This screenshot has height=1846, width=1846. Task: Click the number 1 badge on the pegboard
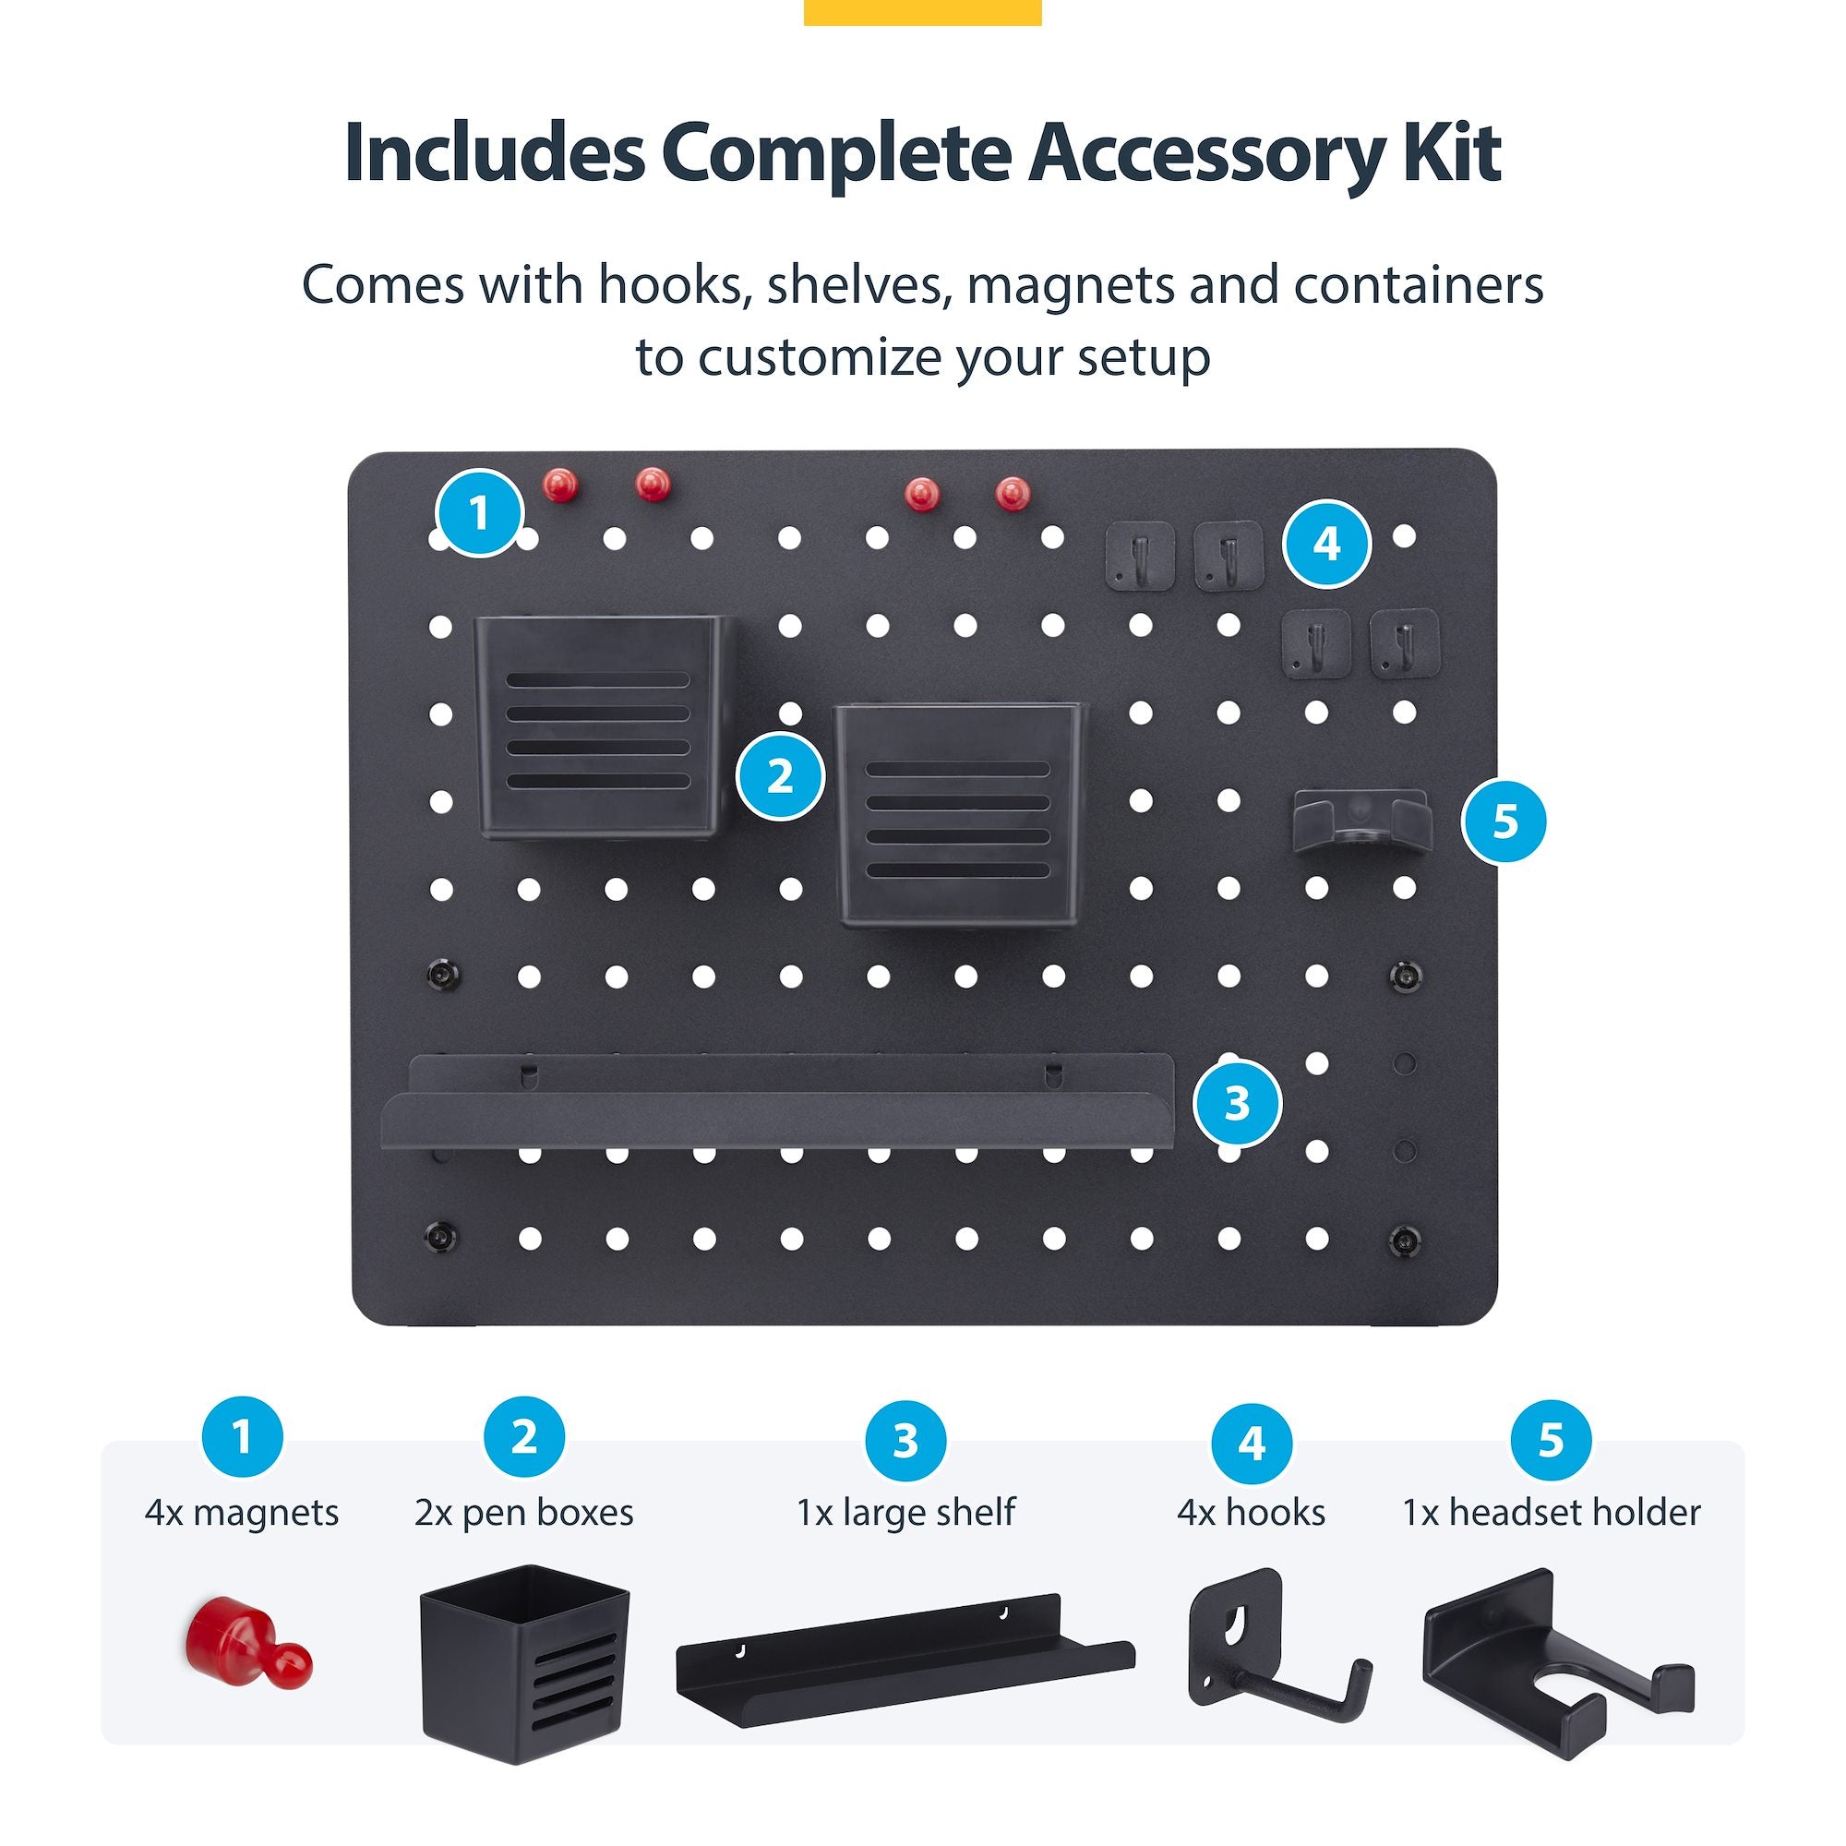(479, 514)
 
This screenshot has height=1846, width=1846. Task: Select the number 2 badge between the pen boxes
(780, 776)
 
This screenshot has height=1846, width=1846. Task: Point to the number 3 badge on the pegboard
(1238, 1104)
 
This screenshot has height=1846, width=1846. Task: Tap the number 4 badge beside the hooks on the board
(1326, 544)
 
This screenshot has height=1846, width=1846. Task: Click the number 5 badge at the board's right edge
(1504, 821)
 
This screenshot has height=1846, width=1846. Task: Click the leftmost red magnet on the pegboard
(561, 485)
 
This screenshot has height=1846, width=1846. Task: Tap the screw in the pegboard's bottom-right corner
(1404, 1240)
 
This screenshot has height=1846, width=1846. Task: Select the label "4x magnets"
(242, 1514)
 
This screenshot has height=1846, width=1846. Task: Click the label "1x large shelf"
(905, 1513)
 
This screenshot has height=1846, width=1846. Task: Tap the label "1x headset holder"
(1551, 1513)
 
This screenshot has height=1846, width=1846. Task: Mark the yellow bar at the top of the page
(922, 11)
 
